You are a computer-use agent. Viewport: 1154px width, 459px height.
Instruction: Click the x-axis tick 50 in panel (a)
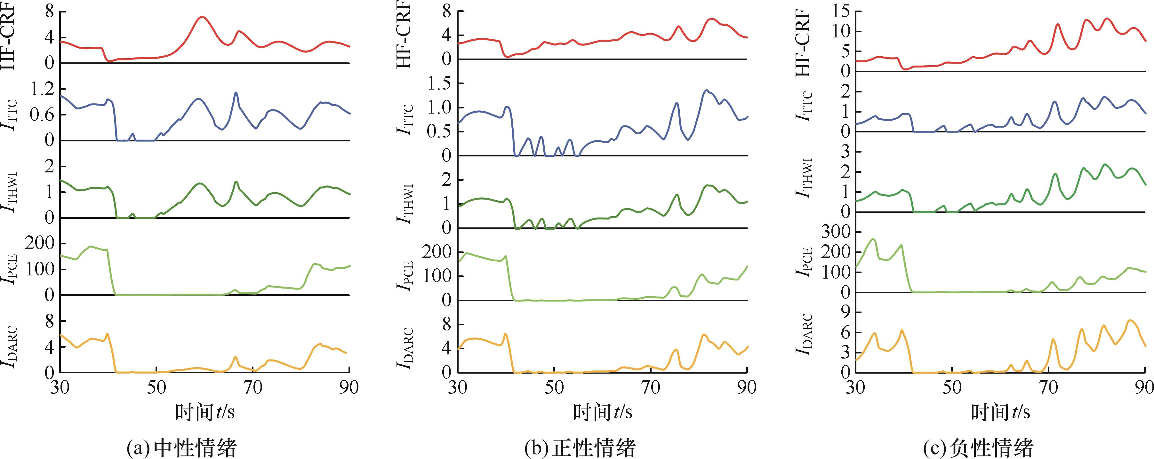(156, 387)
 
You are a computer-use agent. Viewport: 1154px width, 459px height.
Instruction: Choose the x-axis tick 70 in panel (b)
(651, 387)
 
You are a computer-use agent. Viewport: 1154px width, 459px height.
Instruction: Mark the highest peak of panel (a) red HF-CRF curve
(202, 17)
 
